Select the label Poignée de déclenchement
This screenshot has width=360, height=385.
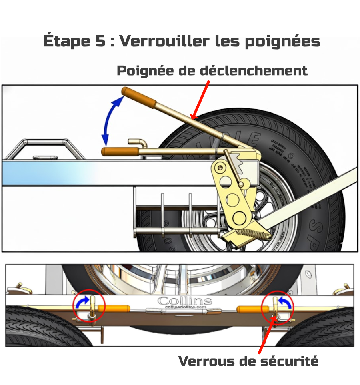212,71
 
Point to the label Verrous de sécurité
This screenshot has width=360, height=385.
248,361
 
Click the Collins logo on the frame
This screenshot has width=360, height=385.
185,301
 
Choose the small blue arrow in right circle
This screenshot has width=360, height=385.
285,303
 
